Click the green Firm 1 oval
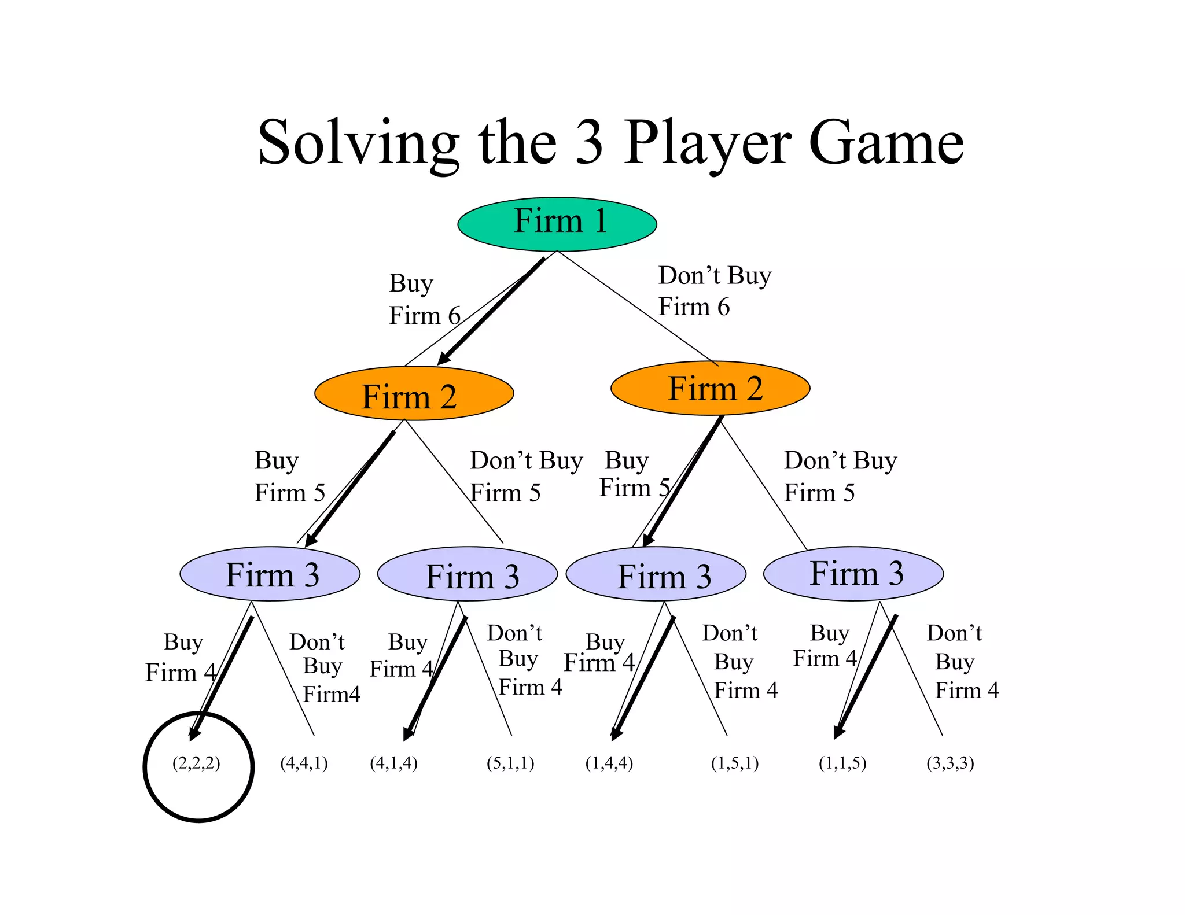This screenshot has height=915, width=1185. [557, 224]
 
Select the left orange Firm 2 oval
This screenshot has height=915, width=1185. [414, 393]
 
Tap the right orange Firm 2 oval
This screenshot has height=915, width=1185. [710, 388]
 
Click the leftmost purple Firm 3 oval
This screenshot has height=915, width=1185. [270, 574]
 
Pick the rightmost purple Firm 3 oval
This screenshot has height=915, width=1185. [853, 574]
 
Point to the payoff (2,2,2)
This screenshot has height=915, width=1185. [196, 763]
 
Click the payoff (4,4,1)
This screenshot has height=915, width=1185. [304, 763]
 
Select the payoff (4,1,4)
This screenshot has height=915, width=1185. [393, 763]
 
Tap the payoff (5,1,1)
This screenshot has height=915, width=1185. [510, 763]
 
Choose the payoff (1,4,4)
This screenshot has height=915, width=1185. [609, 763]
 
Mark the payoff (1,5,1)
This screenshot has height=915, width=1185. [734, 763]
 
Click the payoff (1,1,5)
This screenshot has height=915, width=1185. [842, 763]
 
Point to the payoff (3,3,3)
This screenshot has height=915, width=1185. [950, 763]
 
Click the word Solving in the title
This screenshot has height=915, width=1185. [358, 143]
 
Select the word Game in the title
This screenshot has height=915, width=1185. [885, 143]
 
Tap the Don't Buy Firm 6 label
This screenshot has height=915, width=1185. [714, 291]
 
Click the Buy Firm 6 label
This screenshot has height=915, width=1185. [424, 300]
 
